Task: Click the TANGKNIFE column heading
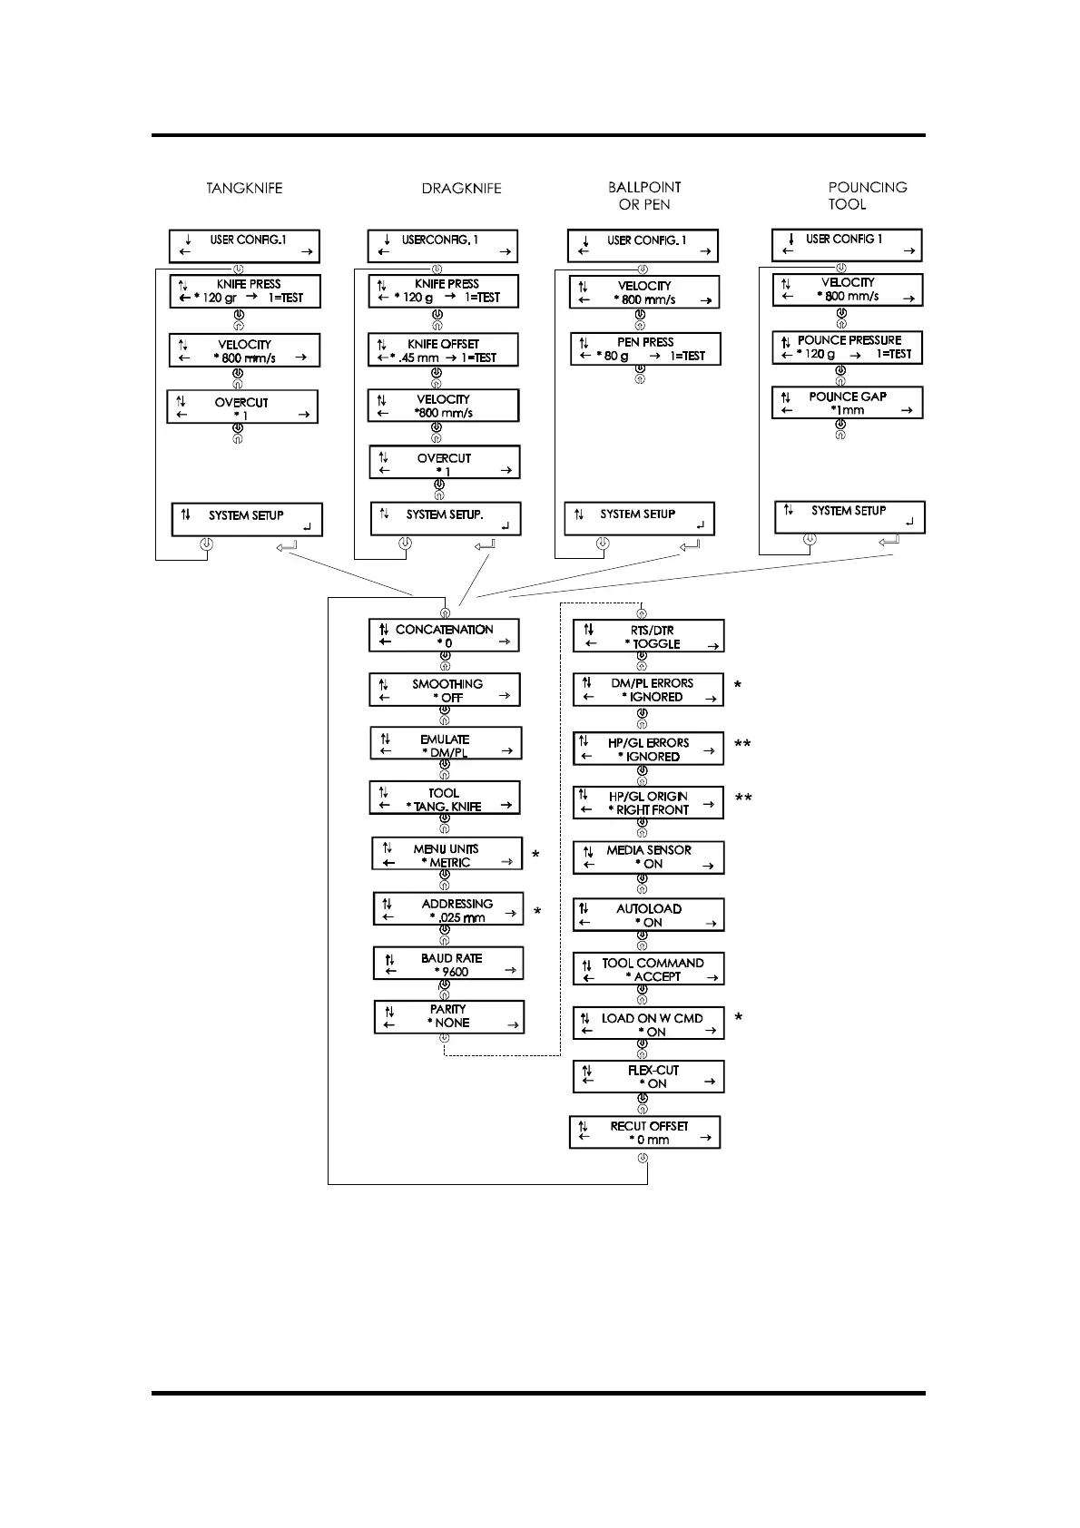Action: point(244,189)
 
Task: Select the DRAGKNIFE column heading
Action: point(461,189)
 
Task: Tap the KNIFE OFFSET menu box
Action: point(443,350)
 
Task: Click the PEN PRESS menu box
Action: point(645,349)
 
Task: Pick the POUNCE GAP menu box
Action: point(847,403)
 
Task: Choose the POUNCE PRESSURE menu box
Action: point(847,348)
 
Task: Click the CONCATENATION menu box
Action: point(444,636)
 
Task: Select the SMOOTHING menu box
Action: point(445,691)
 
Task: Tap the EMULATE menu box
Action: point(447,745)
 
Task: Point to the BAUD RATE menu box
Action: point(448,965)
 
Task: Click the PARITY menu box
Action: point(449,1016)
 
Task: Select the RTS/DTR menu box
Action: point(649,637)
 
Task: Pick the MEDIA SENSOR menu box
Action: point(648,857)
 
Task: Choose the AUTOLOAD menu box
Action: point(648,916)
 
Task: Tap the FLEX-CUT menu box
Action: point(648,1077)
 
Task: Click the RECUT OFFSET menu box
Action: point(645,1132)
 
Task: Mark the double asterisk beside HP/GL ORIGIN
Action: point(743,799)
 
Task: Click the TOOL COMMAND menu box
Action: point(648,970)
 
